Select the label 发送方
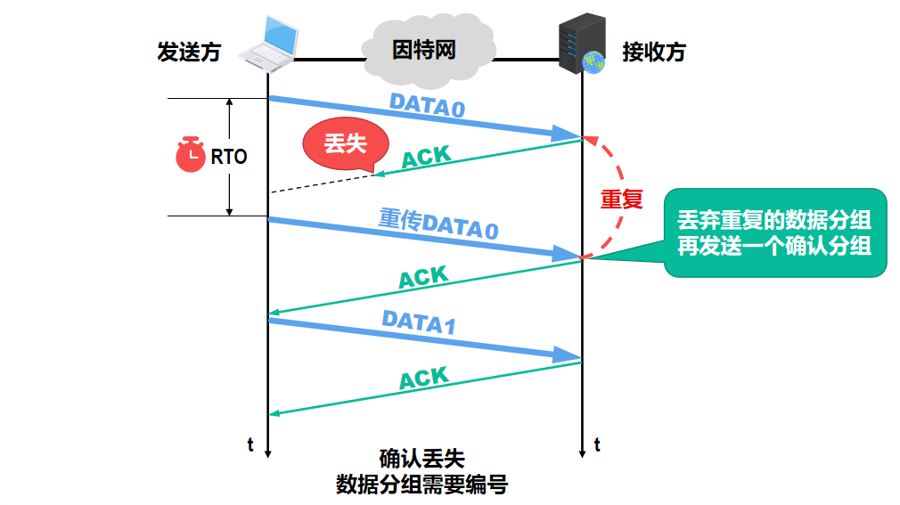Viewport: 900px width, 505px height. click(x=188, y=52)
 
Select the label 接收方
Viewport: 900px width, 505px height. click(x=654, y=52)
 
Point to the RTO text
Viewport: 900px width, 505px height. click(x=229, y=157)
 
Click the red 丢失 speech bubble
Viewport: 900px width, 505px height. click(x=345, y=144)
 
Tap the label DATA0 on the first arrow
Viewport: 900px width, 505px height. click(x=427, y=106)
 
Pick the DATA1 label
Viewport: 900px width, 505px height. click(x=419, y=322)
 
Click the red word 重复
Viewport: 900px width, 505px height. click(x=621, y=199)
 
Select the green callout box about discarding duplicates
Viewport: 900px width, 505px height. click(x=774, y=232)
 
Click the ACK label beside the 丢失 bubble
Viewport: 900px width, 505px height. click(x=426, y=158)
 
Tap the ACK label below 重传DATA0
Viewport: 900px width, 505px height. click(x=423, y=277)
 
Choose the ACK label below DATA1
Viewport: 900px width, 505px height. click(x=423, y=379)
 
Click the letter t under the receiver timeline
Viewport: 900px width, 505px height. click(x=596, y=445)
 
